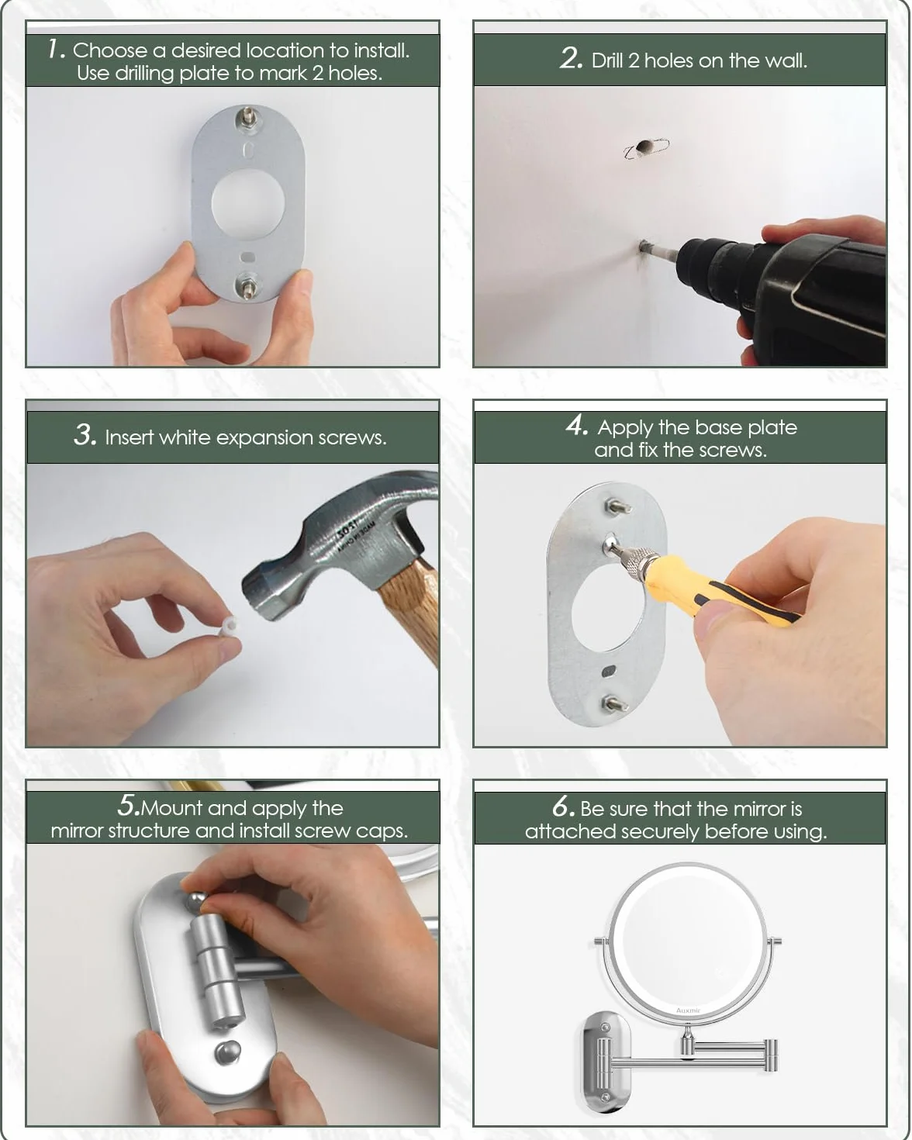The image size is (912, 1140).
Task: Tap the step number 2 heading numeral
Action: pyautogui.click(x=572, y=59)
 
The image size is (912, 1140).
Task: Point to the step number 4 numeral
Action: pyautogui.click(x=576, y=425)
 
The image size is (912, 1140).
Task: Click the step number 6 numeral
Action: pyautogui.click(x=563, y=807)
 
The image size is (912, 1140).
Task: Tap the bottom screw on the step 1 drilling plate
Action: pyautogui.click(x=247, y=286)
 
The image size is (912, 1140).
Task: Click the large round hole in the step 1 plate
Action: pyautogui.click(x=248, y=202)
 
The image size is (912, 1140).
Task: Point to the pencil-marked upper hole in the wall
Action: pyautogui.click(x=645, y=147)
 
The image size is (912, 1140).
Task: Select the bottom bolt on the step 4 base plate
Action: pyautogui.click(x=613, y=703)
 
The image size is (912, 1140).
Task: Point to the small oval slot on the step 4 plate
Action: pyautogui.click(x=609, y=671)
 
